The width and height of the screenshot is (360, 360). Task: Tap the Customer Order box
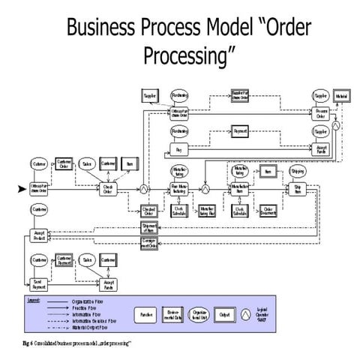(64, 163)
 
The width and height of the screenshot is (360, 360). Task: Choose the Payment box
(240, 132)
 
